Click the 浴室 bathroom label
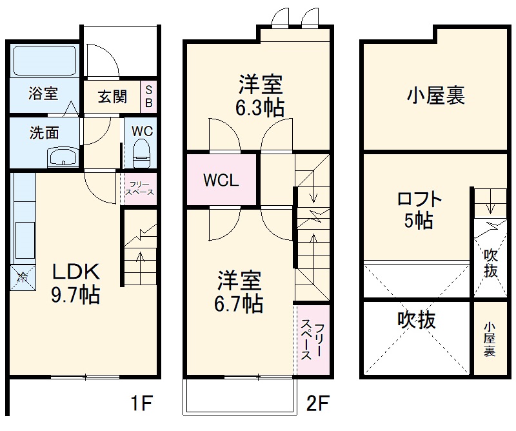coord(43,94)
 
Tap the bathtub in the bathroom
coord(44,61)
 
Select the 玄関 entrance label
coord(112,97)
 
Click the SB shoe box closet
coord(148,96)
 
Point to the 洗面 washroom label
coord(45,132)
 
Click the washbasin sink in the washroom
coord(63,156)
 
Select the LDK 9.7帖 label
coord(75,283)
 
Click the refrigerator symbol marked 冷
coord(22,277)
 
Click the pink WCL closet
coord(221,180)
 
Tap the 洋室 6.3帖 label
coord(260,95)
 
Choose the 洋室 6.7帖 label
coord(239,292)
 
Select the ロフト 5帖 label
coord(419,210)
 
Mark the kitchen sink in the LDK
coord(24,235)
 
